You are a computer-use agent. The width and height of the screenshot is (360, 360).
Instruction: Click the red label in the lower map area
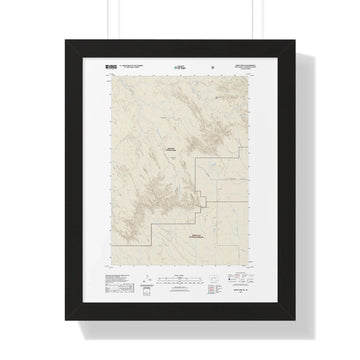pyautogui.click(x=196, y=232)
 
